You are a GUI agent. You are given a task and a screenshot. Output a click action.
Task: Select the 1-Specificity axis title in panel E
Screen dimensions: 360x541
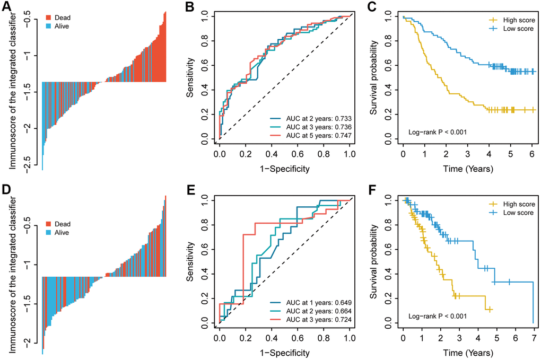click(x=284, y=352)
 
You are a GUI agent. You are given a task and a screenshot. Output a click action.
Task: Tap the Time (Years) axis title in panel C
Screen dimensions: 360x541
click(x=468, y=169)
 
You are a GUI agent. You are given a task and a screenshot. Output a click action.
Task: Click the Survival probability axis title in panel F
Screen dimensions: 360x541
click(x=376, y=261)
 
